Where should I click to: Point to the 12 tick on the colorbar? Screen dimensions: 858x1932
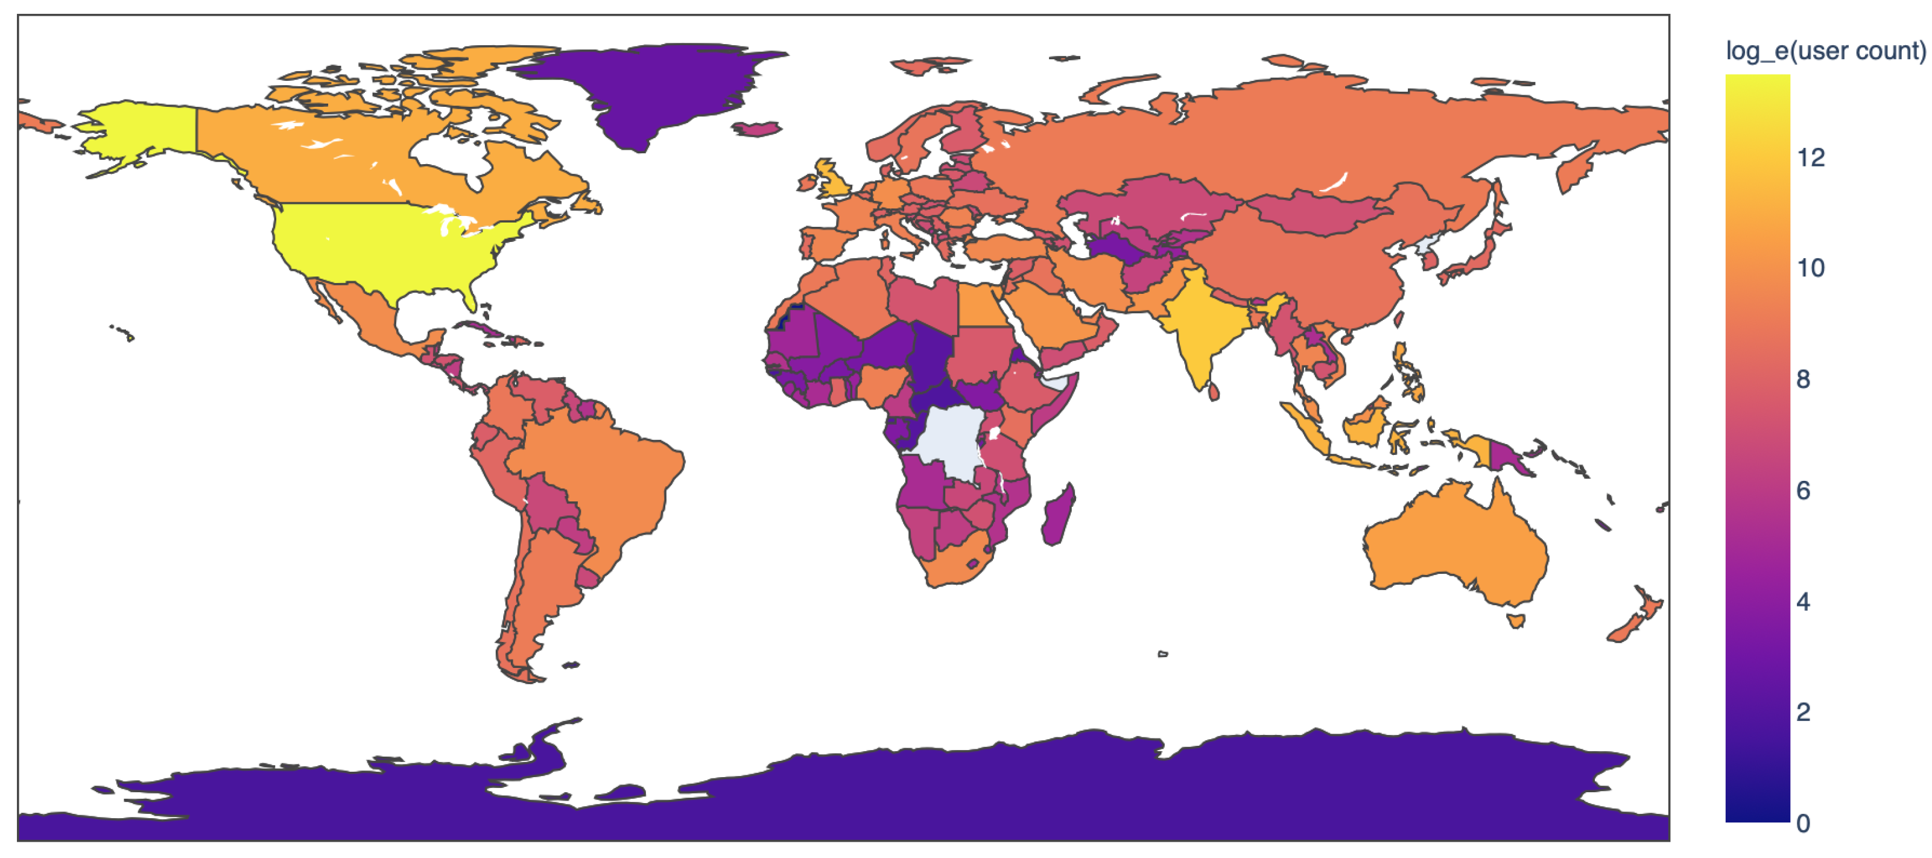[x=1811, y=157]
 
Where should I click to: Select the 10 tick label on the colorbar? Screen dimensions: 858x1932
[x=1811, y=268]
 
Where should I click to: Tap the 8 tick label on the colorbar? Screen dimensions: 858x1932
[x=1804, y=379]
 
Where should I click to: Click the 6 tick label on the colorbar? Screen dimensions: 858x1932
[x=1804, y=490]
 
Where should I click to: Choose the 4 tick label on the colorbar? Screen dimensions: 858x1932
[x=1804, y=601]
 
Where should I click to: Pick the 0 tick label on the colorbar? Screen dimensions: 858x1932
[x=1804, y=823]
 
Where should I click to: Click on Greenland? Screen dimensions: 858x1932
[x=645, y=90]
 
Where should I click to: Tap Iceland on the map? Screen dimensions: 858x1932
[x=758, y=129]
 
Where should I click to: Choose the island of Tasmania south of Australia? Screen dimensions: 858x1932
[x=1516, y=620]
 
